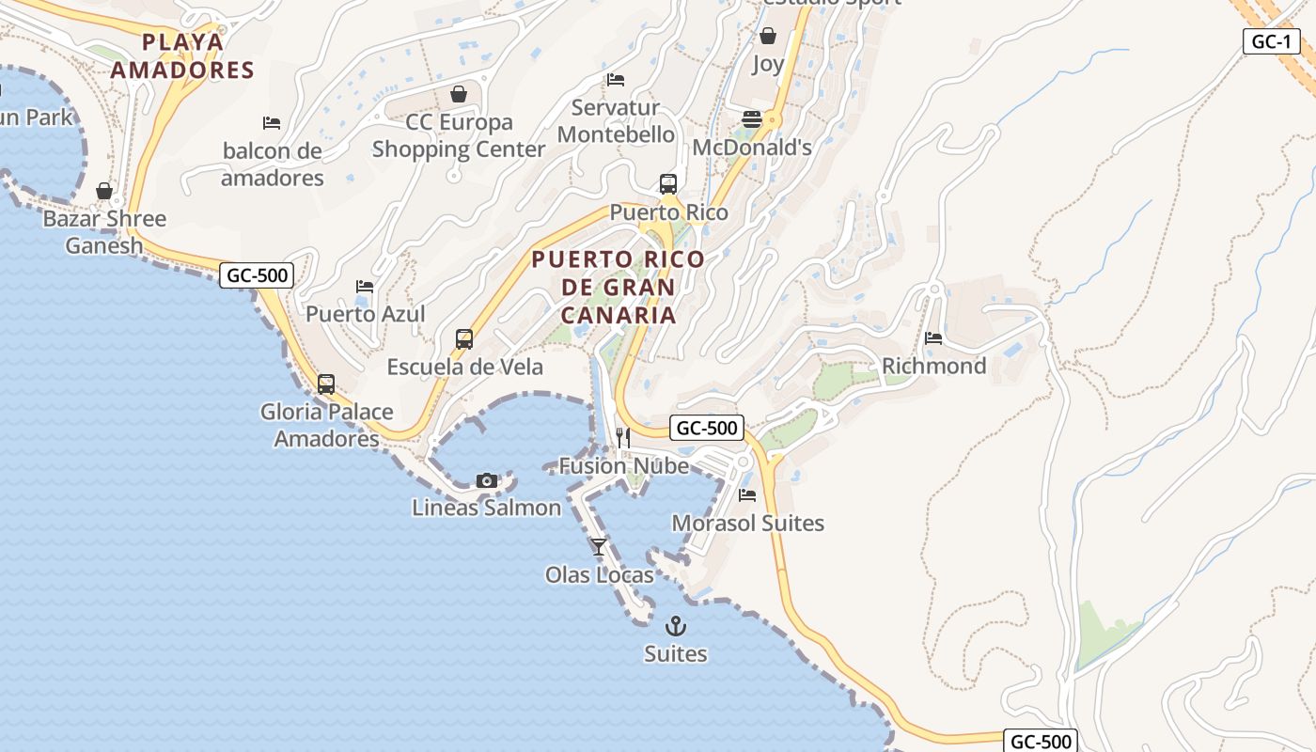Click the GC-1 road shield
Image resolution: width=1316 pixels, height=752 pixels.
click(1271, 41)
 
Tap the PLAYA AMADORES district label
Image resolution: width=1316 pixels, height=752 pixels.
click(182, 55)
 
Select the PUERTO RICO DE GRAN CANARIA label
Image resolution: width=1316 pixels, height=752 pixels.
click(618, 287)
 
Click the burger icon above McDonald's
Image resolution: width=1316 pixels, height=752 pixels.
click(752, 119)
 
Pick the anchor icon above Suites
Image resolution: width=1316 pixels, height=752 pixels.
click(676, 625)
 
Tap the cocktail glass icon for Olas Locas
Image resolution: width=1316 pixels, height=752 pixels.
click(599, 546)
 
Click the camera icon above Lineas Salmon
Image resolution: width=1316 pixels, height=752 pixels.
click(486, 480)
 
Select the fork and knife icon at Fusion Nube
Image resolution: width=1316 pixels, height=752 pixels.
click(622, 437)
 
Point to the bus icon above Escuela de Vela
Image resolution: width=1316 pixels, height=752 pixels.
click(464, 338)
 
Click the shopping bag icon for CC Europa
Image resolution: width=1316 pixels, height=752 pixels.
click(459, 94)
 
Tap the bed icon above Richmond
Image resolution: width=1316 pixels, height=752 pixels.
click(933, 337)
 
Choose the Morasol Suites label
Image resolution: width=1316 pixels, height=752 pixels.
click(747, 524)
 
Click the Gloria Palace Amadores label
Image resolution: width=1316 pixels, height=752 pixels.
click(326, 425)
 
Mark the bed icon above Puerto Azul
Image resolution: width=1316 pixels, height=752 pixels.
click(365, 287)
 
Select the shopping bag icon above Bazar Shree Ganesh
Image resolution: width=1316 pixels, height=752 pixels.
click(104, 191)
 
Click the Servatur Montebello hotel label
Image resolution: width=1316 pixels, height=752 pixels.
click(616, 121)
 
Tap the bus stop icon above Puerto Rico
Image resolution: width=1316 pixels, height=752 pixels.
click(668, 184)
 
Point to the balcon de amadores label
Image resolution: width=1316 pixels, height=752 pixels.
click(272, 164)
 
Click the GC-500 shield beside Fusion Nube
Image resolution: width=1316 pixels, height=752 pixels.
click(707, 428)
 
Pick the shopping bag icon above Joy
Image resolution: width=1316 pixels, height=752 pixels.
click(768, 36)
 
